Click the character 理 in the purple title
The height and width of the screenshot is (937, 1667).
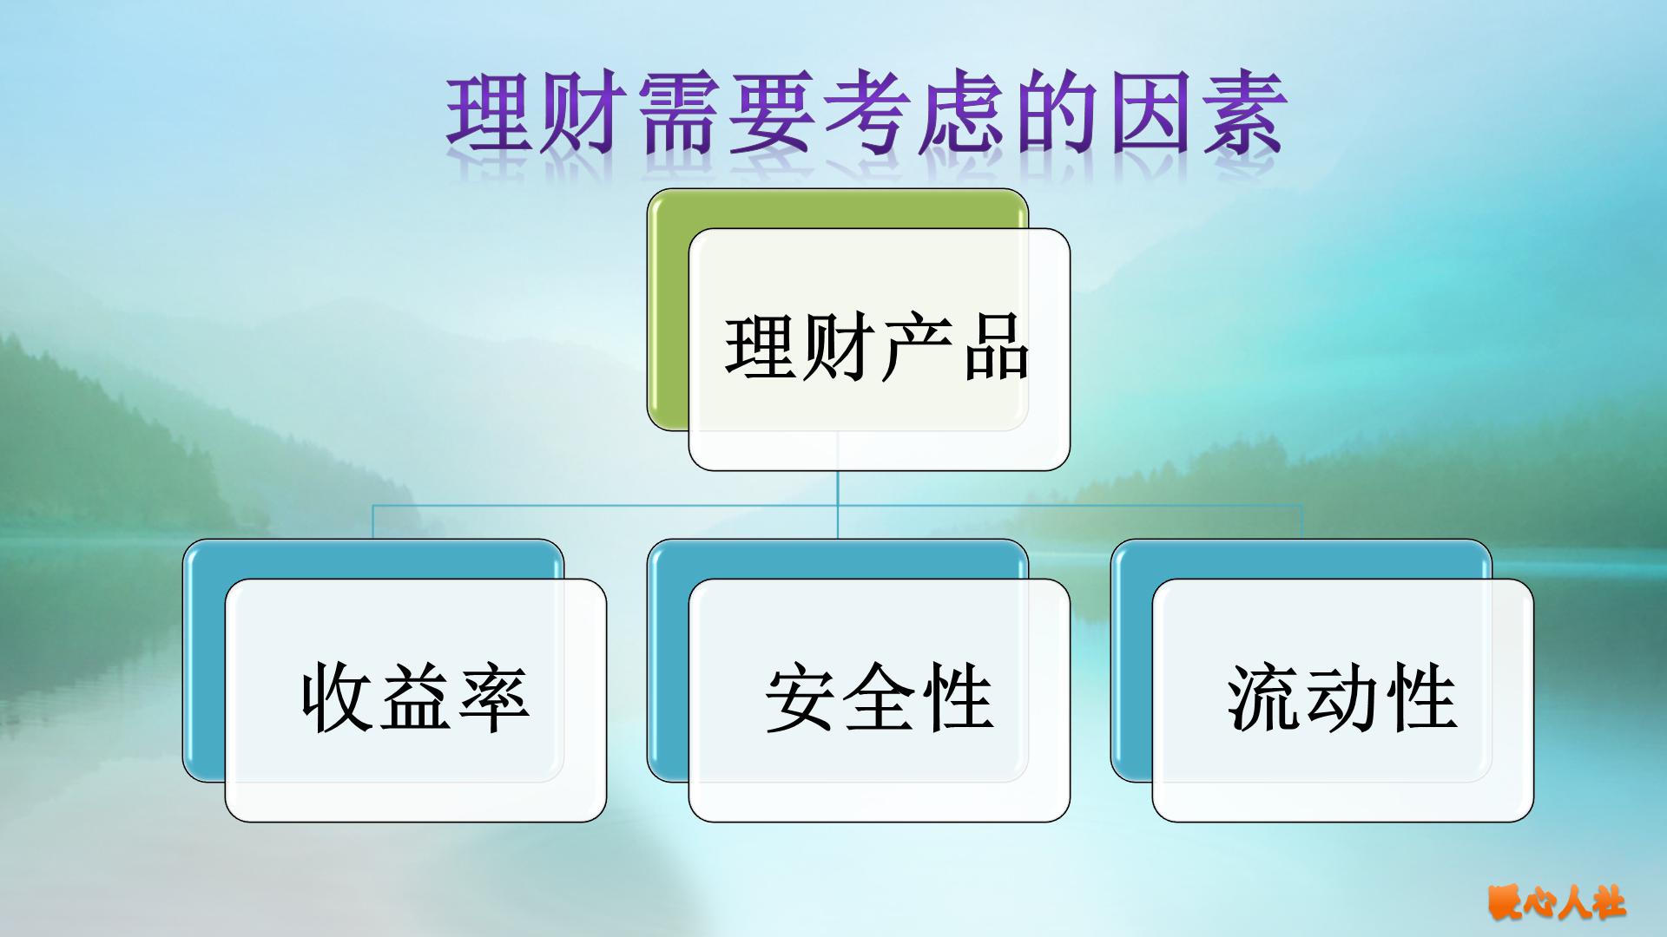(488, 115)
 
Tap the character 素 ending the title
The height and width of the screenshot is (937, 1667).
(1240, 115)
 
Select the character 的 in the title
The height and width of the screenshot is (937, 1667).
(1054, 115)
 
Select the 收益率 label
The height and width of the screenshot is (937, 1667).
(415, 698)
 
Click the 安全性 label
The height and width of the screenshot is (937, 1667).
(879, 698)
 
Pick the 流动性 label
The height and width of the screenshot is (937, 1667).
(1342, 698)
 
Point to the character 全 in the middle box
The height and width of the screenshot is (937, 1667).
(879, 698)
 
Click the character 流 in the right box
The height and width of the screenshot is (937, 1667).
(1264, 698)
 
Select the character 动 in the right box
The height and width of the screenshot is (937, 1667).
(1342, 698)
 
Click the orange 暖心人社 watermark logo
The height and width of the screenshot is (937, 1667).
(1556, 902)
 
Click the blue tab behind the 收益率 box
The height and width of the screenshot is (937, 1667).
(203, 659)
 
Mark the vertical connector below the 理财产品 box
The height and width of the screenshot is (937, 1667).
(838, 503)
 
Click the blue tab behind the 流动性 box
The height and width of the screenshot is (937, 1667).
(1131, 659)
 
